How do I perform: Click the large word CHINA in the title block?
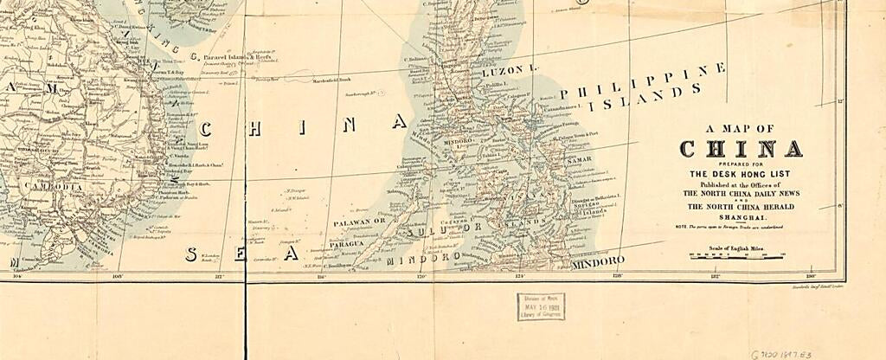[x=741, y=149]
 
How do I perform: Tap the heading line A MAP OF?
[x=741, y=129]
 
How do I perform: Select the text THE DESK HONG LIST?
[x=741, y=174]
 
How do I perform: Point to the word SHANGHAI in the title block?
[x=741, y=217]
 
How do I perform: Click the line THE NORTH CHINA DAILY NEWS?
[x=741, y=194]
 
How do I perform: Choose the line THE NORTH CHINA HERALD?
[x=741, y=208]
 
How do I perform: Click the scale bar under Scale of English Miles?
[x=736, y=256]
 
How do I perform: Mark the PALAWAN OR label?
[x=360, y=222]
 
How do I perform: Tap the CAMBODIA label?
[x=54, y=186]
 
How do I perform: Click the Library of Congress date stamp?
[x=541, y=306]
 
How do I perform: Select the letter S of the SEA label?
[x=191, y=254]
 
